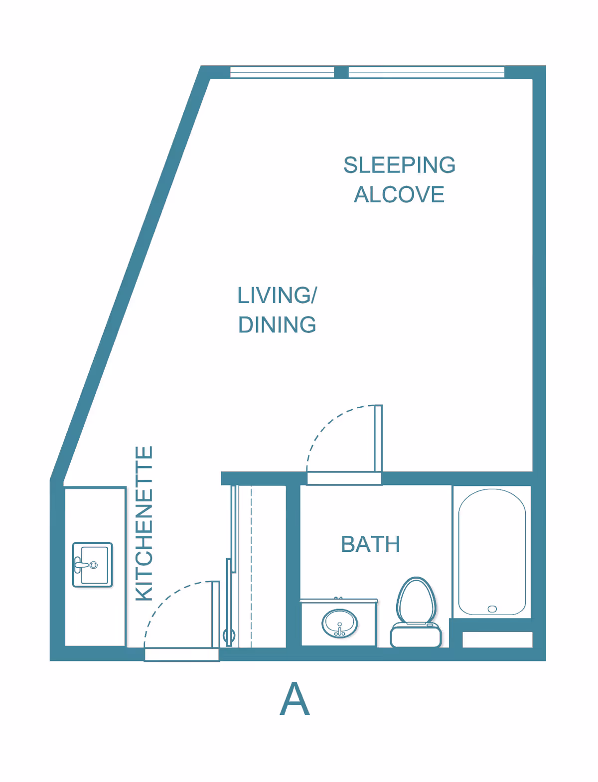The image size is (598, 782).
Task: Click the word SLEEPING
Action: click(x=399, y=165)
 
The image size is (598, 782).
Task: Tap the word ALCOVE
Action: click(x=399, y=194)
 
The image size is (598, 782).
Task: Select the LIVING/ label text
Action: click(x=277, y=296)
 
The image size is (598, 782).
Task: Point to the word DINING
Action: click(x=277, y=324)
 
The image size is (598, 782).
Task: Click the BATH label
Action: click(x=370, y=544)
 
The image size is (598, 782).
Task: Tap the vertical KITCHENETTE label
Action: click(x=144, y=524)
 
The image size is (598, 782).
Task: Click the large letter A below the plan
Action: click(x=295, y=699)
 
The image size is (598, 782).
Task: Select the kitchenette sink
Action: click(x=93, y=565)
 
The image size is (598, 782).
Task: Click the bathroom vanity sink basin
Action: click(x=339, y=624)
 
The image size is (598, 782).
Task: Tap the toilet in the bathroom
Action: click(x=416, y=612)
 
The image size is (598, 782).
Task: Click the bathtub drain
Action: click(x=492, y=609)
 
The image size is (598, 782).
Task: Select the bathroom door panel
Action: click(x=378, y=438)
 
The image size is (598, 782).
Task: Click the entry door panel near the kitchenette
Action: click(x=215, y=615)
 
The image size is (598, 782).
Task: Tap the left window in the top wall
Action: click(x=282, y=72)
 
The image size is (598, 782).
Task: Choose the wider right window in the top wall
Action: click(x=427, y=72)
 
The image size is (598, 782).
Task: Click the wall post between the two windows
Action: click(x=341, y=72)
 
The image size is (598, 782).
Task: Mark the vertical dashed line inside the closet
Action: click(x=251, y=567)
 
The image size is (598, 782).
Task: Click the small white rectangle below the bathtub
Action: click(x=497, y=639)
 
